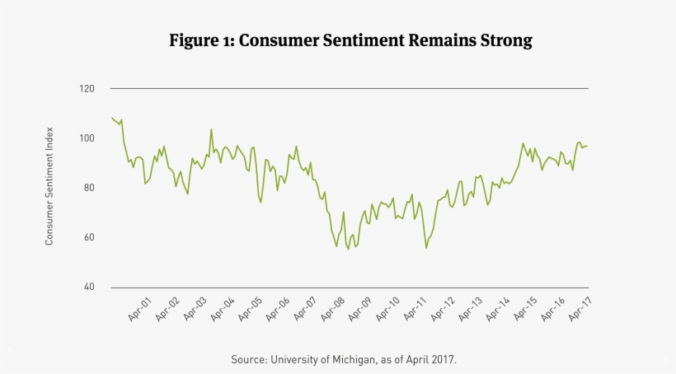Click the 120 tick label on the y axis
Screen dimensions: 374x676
click(88, 88)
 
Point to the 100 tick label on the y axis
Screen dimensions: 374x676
click(88, 138)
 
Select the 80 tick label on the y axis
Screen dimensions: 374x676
click(90, 188)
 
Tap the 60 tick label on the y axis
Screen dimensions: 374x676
click(90, 237)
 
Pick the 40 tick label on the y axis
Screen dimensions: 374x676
click(90, 287)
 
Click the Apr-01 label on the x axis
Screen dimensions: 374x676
click(139, 308)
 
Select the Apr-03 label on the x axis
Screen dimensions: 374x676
click(195, 308)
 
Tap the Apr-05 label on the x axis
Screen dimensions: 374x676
click(250, 308)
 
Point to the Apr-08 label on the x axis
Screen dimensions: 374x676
click(331, 308)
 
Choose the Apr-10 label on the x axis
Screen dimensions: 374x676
click(387, 308)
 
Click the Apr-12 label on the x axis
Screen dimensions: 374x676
click(441, 308)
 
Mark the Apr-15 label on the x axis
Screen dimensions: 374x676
click(523, 308)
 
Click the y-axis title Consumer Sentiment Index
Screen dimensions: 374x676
click(49, 186)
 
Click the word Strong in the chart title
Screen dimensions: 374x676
click(503, 40)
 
